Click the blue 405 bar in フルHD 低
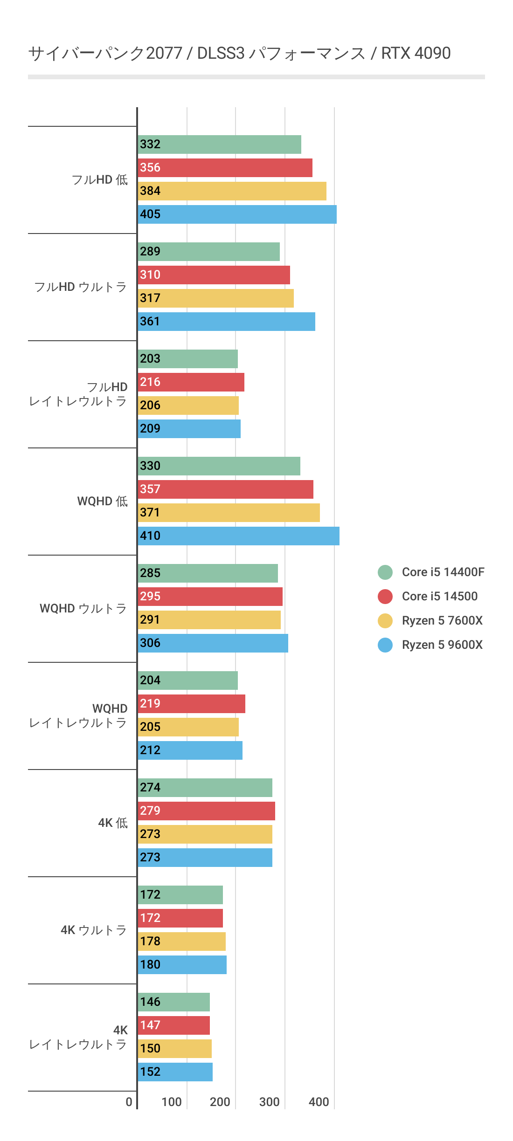click(237, 214)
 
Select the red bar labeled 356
click(225, 168)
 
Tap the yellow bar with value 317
click(216, 298)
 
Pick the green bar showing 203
click(188, 359)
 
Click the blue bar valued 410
click(239, 536)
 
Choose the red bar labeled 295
click(210, 597)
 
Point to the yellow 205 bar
click(188, 727)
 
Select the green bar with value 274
click(205, 788)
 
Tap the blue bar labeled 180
click(182, 965)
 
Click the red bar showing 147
click(174, 1025)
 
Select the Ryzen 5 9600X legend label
click(442, 645)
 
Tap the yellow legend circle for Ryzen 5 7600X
click(385, 620)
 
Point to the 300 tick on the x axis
click(270, 1102)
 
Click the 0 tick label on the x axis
click(129, 1102)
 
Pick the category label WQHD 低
click(102, 502)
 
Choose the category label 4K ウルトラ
click(94, 930)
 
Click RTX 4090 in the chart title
click(416, 54)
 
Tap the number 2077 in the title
click(164, 54)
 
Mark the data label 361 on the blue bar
click(150, 322)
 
